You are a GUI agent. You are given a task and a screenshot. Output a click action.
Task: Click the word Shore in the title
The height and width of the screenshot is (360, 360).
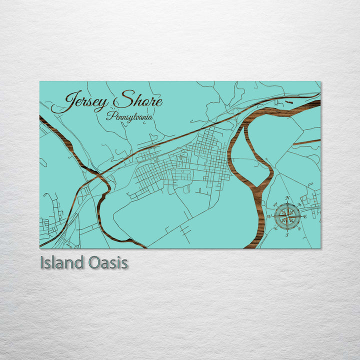[137, 101]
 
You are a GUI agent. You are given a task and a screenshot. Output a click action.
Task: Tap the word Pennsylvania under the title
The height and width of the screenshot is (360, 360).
[129, 116]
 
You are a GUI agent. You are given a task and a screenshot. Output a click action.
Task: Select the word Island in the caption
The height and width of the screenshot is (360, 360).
[62, 263]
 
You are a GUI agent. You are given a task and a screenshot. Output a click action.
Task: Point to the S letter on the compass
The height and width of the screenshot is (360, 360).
[287, 234]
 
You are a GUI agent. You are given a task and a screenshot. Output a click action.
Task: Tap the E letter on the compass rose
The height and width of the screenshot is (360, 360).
[305, 216]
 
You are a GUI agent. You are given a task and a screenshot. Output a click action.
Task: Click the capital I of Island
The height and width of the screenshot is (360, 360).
[42, 263]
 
